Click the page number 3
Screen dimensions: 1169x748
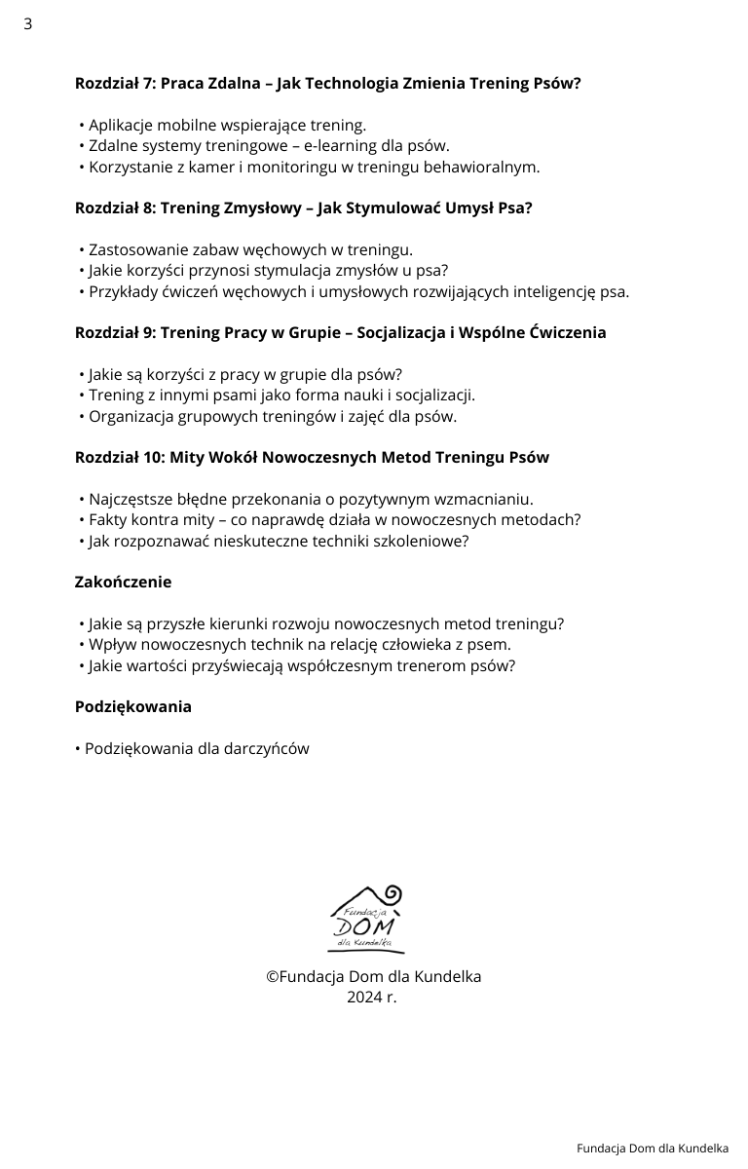[x=27, y=24]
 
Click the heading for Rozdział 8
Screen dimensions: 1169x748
[x=303, y=208]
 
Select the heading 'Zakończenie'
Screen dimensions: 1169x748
[x=123, y=583]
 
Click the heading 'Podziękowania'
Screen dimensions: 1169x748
[x=132, y=707]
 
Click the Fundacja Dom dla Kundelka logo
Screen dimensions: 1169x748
[x=366, y=920]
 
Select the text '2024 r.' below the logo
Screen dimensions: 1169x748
[x=372, y=998]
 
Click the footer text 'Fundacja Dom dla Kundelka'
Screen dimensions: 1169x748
[x=652, y=1149]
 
